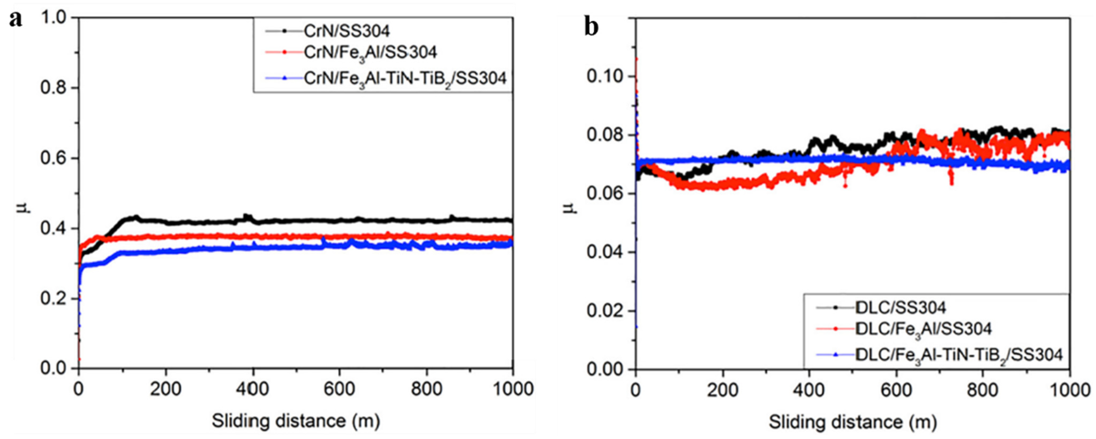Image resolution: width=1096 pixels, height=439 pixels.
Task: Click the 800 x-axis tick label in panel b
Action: (x=983, y=390)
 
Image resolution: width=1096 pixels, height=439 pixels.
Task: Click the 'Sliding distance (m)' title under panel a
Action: (x=296, y=421)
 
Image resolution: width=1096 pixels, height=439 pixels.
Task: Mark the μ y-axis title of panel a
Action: (x=26, y=208)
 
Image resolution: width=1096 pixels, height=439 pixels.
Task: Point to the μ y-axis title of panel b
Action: (x=572, y=208)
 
